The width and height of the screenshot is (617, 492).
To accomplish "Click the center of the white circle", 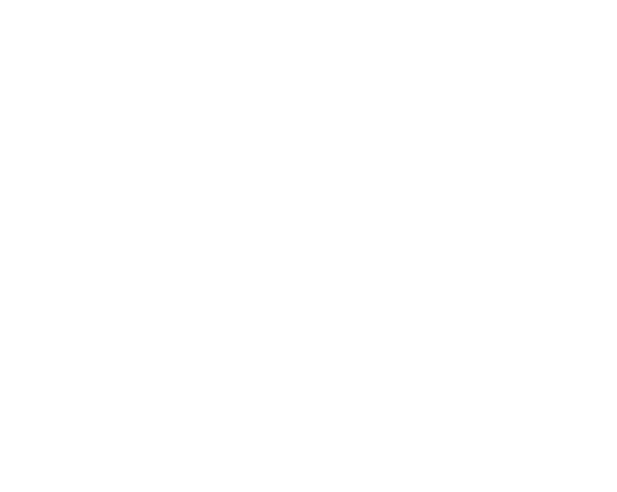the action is [156, 360].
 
